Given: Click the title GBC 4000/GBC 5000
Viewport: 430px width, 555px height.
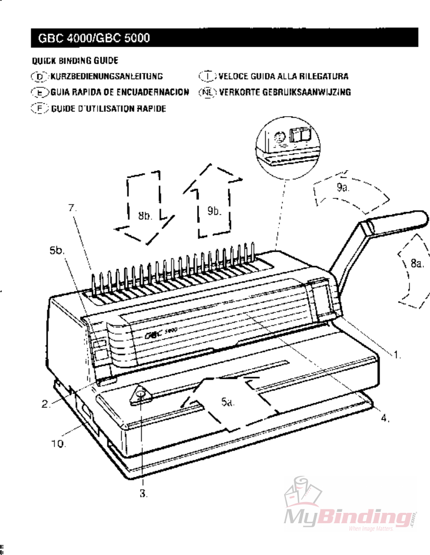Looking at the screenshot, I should pos(93,38).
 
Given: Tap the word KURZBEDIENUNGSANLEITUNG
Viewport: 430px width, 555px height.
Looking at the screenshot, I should pos(107,77).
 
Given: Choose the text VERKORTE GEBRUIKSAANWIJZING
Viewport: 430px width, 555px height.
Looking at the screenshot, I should pos(285,92).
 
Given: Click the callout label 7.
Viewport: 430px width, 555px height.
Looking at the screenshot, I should pos(72,208).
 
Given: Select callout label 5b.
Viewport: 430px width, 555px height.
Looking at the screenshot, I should pos(57,250).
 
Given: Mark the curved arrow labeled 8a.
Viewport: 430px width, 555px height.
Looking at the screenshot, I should pos(413,269).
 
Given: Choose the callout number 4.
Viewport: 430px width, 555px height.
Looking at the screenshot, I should pos(384,418).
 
